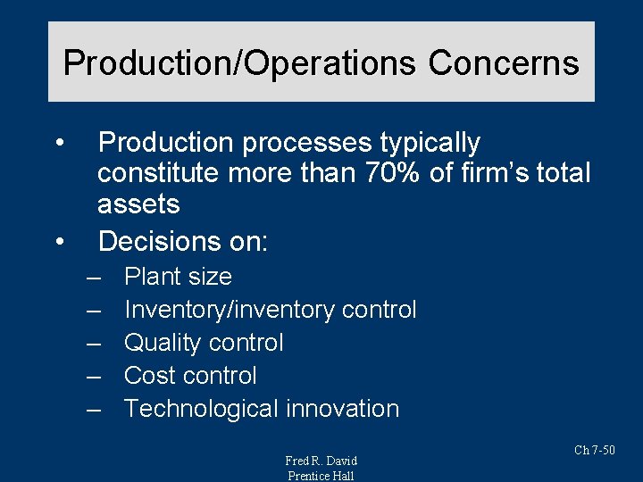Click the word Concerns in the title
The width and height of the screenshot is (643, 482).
[504, 63]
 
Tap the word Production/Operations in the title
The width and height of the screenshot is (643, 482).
[239, 63]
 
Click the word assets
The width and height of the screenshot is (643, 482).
[138, 204]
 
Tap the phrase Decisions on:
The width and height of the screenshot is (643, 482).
[183, 241]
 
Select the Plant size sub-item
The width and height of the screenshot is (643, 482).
[178, 277]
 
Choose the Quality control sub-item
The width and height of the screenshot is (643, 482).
[204, 343]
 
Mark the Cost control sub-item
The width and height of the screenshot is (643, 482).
[190, 376]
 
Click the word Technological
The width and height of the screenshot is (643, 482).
[201, 409]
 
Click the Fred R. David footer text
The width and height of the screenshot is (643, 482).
[321, 461]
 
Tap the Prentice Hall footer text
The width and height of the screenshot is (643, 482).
[321, 476]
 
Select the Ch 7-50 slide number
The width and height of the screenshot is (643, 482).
[594, 450]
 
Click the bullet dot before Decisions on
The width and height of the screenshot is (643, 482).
[59, 241]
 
